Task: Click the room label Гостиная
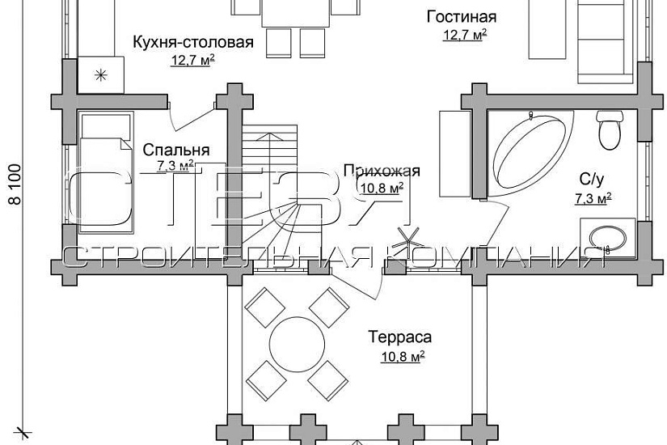point(461,17)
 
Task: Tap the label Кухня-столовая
point(193,42)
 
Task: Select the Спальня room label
point(176,150)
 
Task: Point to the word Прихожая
point(382,171)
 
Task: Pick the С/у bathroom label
point(589,178)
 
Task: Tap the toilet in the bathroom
point(608,128)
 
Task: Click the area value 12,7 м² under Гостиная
point(464,35)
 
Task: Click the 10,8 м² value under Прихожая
point(382,188)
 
